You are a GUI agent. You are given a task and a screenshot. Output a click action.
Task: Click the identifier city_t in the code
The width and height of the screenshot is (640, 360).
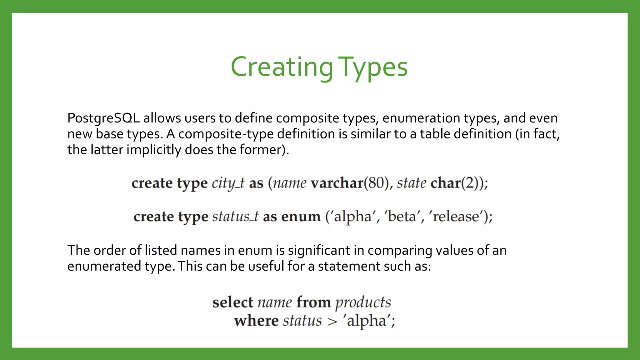[x=228, y=183]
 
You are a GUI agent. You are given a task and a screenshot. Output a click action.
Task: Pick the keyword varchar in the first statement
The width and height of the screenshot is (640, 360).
[x=337, y=183]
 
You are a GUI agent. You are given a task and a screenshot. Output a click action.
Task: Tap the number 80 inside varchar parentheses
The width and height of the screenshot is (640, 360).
[x=376, y=183]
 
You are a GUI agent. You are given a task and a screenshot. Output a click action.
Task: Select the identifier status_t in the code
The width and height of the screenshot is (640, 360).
[x=235, y=217]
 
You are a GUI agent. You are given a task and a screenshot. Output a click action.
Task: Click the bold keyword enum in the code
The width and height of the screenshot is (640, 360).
[x=301, y=217]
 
